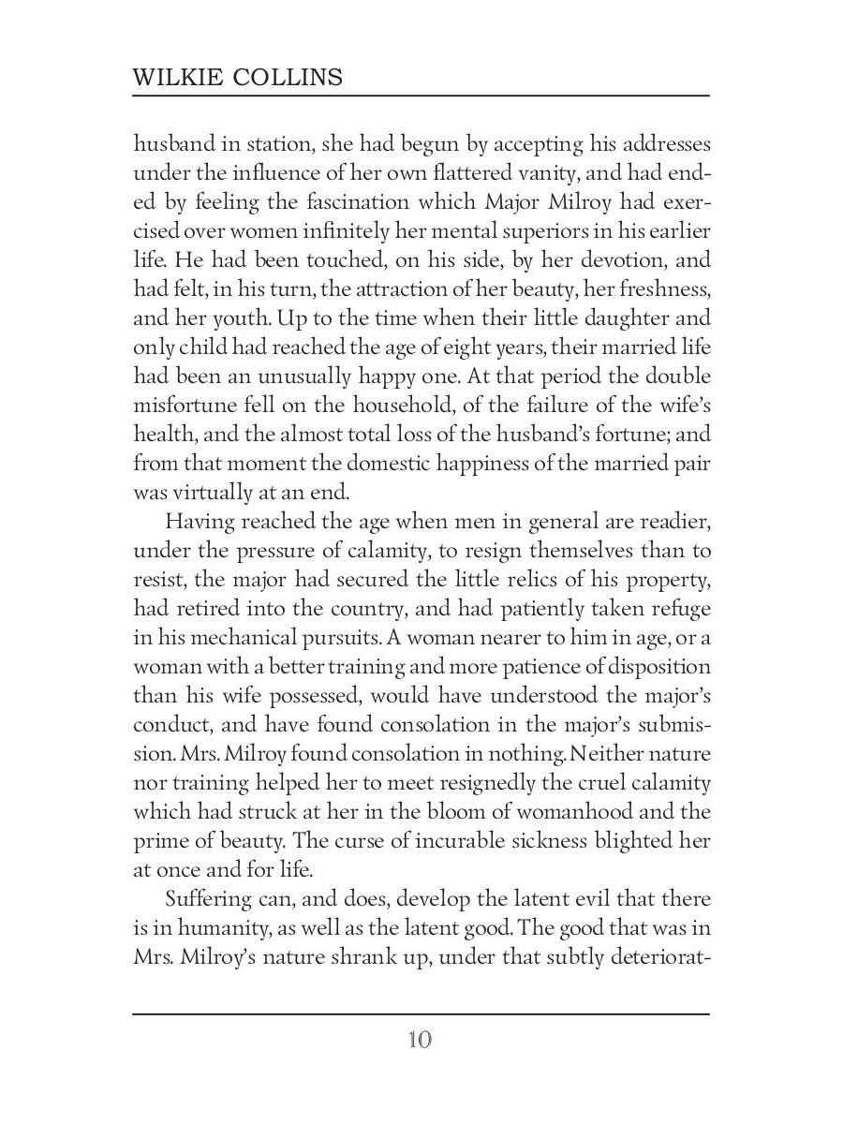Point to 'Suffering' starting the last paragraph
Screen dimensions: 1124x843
coord(211,899)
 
